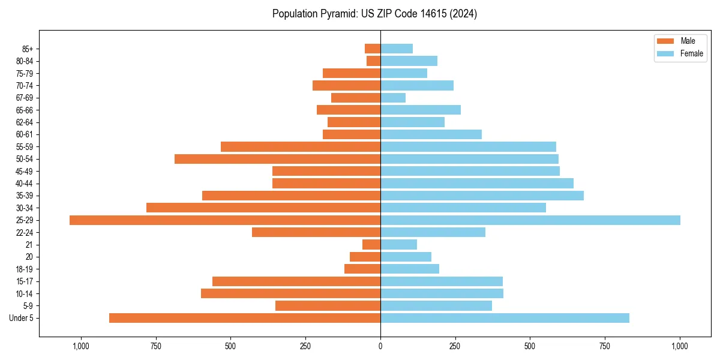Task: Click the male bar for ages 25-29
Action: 225,220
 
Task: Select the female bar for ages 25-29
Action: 530,220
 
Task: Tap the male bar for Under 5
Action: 245,318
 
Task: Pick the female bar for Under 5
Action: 505,318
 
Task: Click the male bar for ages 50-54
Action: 277,159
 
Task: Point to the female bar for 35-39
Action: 482,196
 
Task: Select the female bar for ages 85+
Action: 397,49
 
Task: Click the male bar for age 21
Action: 371,244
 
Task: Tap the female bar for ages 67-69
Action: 393,98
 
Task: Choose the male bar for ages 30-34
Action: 263,208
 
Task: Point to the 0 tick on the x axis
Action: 380,346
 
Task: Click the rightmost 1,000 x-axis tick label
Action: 680,346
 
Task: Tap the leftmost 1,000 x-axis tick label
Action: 81,346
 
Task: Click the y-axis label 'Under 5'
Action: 22,318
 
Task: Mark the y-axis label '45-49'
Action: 25,171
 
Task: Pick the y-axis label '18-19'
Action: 25,269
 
